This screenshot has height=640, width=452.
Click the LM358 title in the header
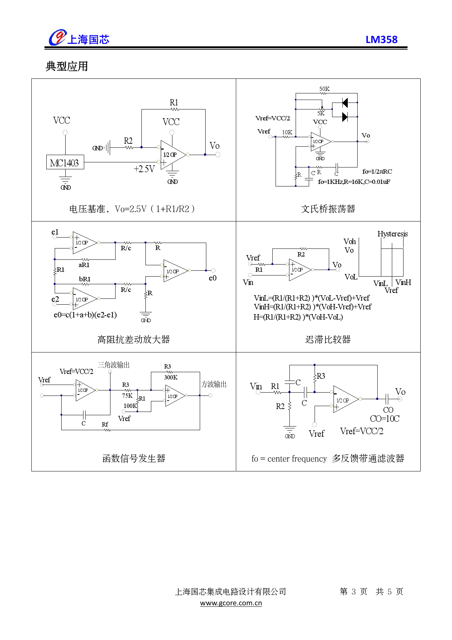pyautogui.click(x=381, y=39)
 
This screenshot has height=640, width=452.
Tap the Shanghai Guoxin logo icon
pyautogui.click(x=57, y=38)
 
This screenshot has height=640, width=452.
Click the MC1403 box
pyautogui.click(x=65, y=162)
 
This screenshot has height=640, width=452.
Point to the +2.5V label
pyautogui.click(x=144, y=169)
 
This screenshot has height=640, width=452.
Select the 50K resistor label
pyautogui.click(x=324, y=89)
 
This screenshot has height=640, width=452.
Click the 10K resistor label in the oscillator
pyautogui.click(x=287, y=132)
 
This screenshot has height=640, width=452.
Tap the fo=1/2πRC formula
pyautogui.click(x=377, y=171)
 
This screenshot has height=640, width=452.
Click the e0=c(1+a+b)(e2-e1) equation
pyautogui.click(x=85, y=315)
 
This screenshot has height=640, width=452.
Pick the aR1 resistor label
pyautogui.click(x=84, y=265)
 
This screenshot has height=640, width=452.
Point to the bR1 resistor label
pyautogui.click(x=85, y=279)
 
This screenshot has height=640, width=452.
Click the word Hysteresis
pyautogui.click(x=393, y=234)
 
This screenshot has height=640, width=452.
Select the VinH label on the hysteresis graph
pyautogui.click(x=403, y=282)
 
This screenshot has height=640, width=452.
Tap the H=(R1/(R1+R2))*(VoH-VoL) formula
pyautogui.click(x=298, y=317)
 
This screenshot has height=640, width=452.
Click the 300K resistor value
pyautogui.click(x=171, y=377)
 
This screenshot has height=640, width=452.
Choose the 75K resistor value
pyautogui.click(x=127, y=396)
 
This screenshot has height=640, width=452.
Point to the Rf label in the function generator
pyautogui.click(x=105, y=424)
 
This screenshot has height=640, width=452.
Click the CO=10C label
pyautogui.click(x=385, y=419)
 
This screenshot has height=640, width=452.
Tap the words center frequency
pyautogui.click(x=297, y=459)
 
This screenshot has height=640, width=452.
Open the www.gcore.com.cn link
pyautogui.click(x=231, y=603)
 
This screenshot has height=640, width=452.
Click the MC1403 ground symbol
pyautogui.click(x=66, y=181)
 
